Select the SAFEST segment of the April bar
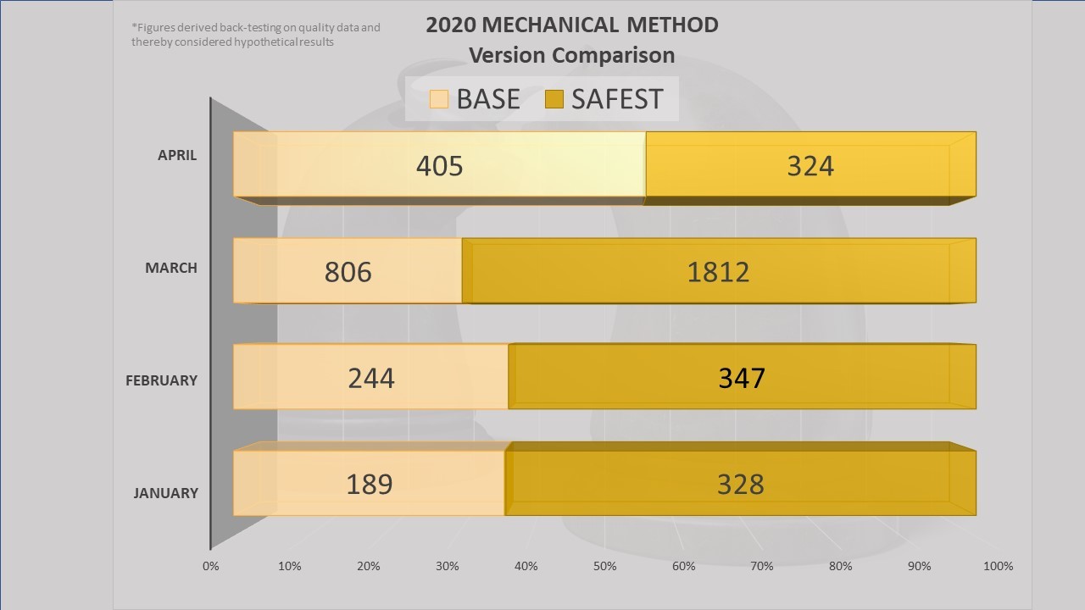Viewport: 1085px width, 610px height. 810,165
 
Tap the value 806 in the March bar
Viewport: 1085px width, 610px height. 348,272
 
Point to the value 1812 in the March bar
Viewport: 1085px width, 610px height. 718,272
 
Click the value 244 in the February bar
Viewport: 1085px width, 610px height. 371,377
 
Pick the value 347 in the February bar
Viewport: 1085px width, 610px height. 742,377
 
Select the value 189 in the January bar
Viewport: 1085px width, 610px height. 370,484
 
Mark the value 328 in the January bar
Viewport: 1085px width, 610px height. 740,484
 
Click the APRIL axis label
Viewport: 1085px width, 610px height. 177,155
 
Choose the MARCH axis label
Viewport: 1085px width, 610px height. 171,268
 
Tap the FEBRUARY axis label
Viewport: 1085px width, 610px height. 161,380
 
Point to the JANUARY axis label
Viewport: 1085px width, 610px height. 165,493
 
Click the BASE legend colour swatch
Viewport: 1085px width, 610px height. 438,99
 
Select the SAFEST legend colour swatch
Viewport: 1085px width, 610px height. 554,99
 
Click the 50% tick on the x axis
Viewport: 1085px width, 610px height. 604,566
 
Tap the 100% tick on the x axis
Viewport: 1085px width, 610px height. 999,566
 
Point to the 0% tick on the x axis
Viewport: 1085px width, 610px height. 211,566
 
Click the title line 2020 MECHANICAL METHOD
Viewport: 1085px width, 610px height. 572,25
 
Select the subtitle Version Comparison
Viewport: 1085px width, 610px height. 572,55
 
